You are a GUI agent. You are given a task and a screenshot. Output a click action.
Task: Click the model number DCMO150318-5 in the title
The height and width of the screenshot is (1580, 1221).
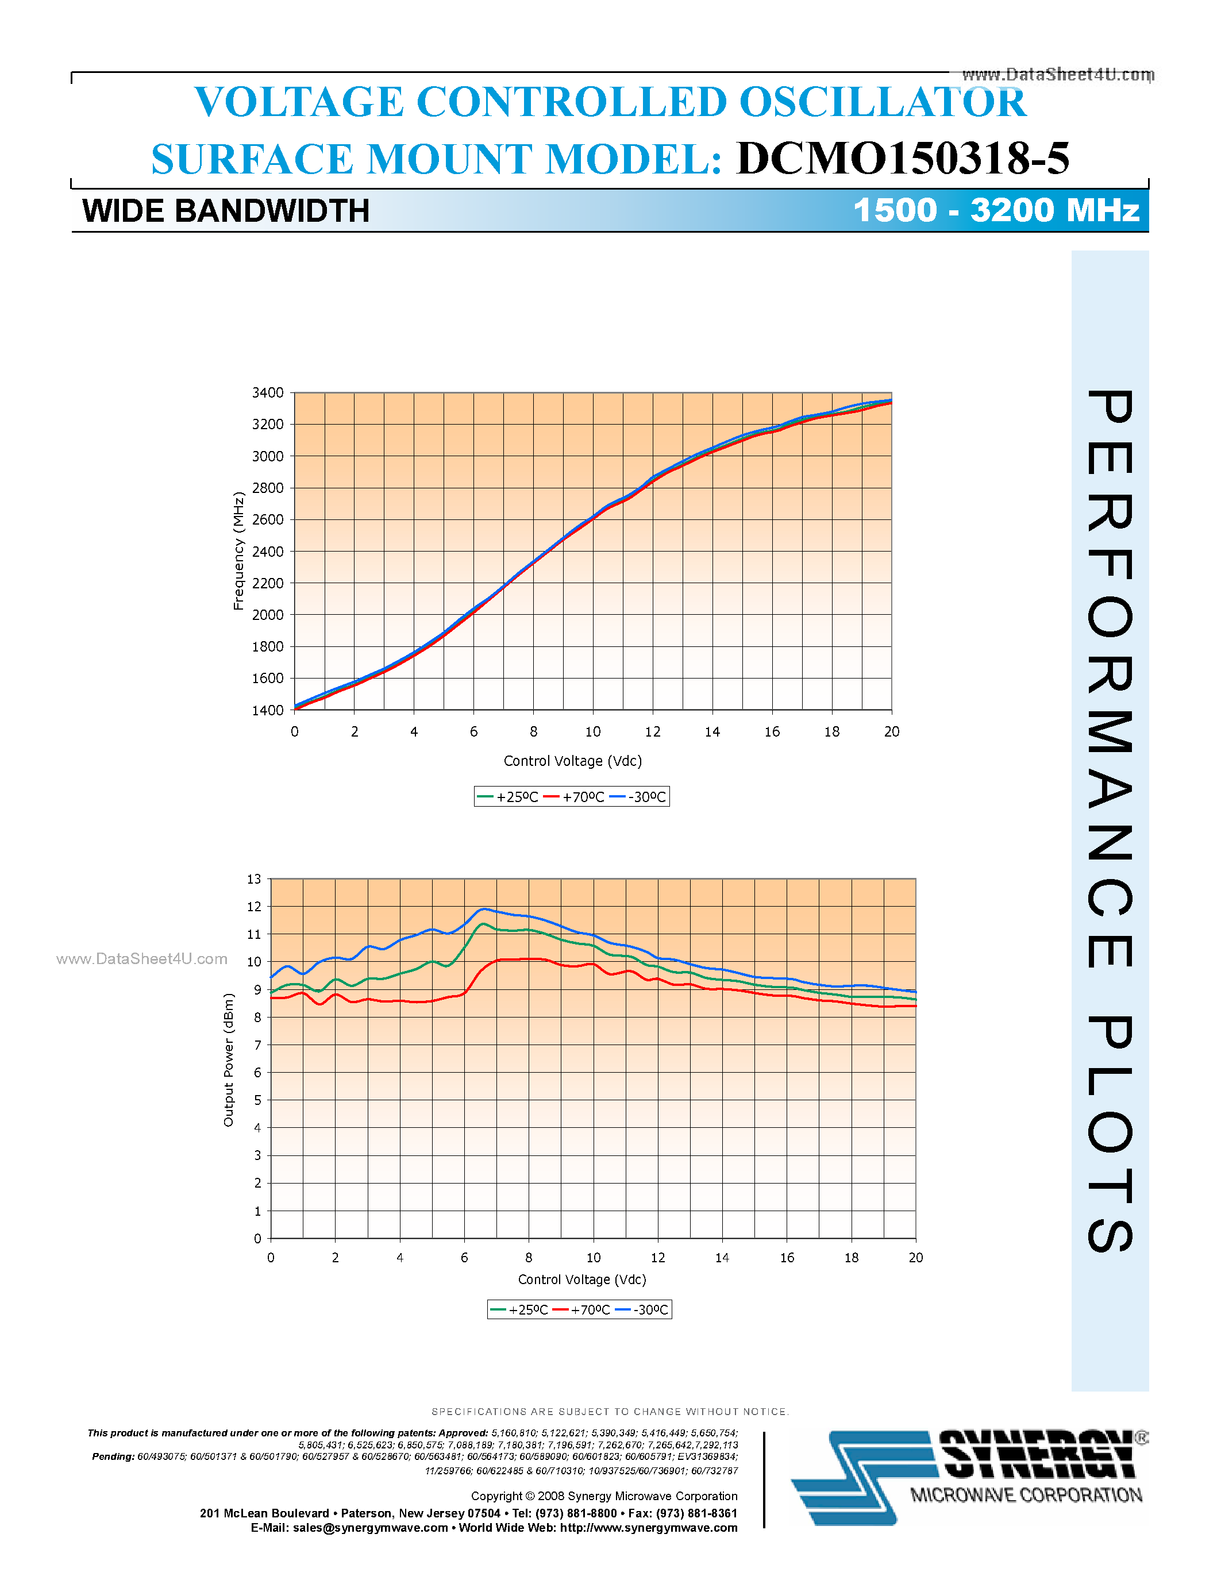point(902,159)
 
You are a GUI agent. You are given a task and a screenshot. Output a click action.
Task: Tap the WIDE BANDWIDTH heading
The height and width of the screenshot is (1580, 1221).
point(226,211)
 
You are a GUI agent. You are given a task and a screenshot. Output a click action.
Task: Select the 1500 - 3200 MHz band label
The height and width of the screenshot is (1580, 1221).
point(996,210)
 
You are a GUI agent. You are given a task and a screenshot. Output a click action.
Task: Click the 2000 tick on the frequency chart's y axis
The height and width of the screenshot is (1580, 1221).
point(268,615)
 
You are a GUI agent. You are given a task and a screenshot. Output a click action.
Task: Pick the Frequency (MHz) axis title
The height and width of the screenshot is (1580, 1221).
point(238,551)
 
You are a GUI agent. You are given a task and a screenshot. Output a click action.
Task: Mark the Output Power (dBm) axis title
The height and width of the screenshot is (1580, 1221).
point(229,1060)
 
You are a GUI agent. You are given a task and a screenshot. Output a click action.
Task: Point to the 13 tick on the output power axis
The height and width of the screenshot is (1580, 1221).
point(254,880)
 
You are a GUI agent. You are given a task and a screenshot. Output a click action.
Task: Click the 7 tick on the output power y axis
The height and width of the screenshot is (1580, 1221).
point(257,1045)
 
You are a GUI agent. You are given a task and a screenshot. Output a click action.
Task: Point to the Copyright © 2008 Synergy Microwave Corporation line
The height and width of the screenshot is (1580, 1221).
point(604,1496)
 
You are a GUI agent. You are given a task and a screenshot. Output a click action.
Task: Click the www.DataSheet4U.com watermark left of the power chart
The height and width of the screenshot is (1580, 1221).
point(142,959)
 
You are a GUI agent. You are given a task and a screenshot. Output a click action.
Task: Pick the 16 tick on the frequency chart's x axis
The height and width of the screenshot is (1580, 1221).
point(772,732)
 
